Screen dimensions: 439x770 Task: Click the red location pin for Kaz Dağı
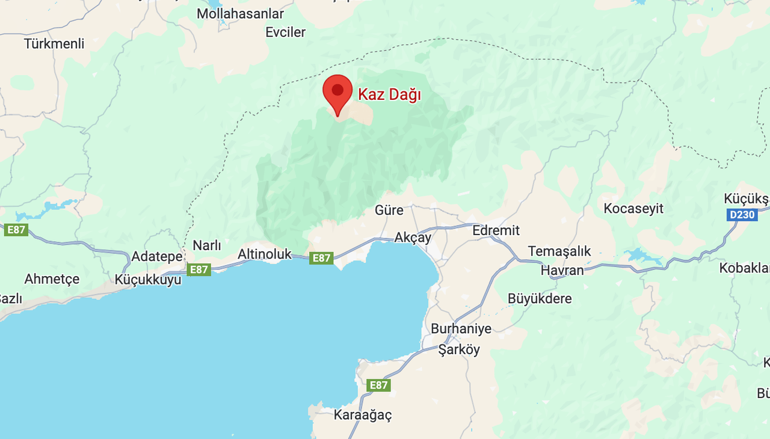(x=337, y=92)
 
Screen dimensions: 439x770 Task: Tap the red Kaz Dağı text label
(x=389, y=94)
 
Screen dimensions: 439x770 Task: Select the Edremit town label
(x=496, y=230)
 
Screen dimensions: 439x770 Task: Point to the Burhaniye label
(x=461, y=329)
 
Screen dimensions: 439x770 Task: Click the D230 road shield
(x=741, y=215)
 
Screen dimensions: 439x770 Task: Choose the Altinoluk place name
(x=265, y=254)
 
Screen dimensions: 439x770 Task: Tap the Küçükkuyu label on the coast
(x=148, y=280)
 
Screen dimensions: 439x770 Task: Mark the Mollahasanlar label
(x=240, y=13)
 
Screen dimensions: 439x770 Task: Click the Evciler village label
(x=286, y=32)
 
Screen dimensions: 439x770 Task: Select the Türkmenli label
(x=54, y=43)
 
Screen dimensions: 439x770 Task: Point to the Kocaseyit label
(x=633, y=209)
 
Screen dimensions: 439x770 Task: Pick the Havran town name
(x=562, y=270)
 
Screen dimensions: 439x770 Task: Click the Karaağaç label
(x=363, y=415)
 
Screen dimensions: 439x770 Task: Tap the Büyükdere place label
(x=540, y=298)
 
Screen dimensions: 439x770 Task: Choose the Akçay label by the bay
(x=413, y=238)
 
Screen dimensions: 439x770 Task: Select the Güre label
(x=389, y=210)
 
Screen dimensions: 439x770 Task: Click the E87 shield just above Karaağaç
(x=378, y=385)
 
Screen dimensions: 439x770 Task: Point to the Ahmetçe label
(x=52, y=279)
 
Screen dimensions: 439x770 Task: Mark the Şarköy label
(x=459, y=349)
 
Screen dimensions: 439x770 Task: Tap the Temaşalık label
(x=559, y=251)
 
